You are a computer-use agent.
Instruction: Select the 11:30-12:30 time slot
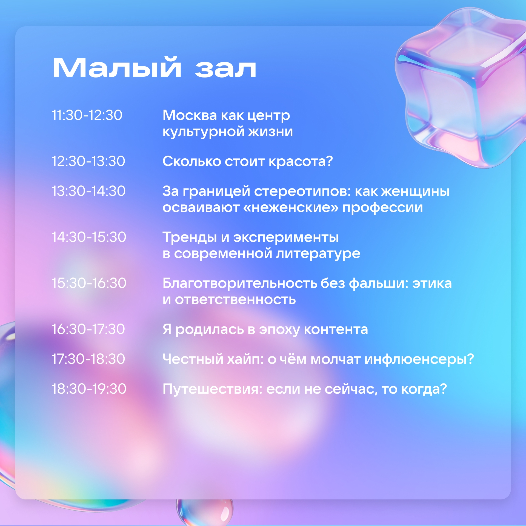(87, 115)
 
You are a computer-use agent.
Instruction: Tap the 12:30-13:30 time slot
(88, 161)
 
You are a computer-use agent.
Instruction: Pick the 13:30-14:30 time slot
(89, 191)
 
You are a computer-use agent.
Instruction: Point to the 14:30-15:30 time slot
(89, 237)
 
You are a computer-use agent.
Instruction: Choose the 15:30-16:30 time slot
(89, 283)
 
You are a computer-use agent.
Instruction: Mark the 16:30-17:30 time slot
(88, 329)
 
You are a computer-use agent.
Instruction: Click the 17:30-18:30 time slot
(88, 359)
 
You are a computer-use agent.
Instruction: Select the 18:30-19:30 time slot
(89, 389)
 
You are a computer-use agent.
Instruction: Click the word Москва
(190, 115)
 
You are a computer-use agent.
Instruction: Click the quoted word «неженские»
(291, 208)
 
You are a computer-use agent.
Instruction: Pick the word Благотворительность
(240, 284)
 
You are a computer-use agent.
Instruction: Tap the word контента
(336, 330)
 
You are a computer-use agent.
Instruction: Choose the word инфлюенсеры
(419, 359)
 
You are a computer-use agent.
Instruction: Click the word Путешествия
(213, 389)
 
